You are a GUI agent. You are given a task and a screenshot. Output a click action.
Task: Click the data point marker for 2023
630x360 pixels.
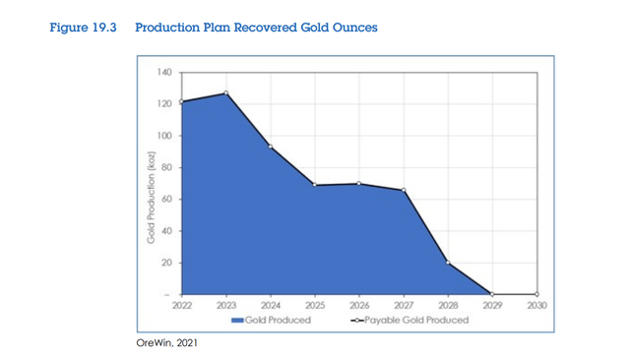click(225, 93)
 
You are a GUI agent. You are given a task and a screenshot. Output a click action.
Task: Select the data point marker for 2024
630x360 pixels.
click(270, 147)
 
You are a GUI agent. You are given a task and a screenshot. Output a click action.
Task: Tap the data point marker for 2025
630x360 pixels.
click(315, 185)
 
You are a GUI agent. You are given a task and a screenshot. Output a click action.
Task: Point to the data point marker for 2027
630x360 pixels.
click(404, 190)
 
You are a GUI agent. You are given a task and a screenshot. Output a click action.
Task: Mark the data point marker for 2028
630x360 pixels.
click(448, 263)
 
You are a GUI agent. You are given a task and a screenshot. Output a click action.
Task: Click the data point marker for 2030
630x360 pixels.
click(537, 294)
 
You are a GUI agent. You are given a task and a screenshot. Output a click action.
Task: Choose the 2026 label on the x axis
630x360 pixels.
click(359, 305)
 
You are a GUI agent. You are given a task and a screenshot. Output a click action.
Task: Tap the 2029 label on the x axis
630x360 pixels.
click(492, 305)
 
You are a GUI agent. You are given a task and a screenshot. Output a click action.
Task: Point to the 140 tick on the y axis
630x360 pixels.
click(164, 72)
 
